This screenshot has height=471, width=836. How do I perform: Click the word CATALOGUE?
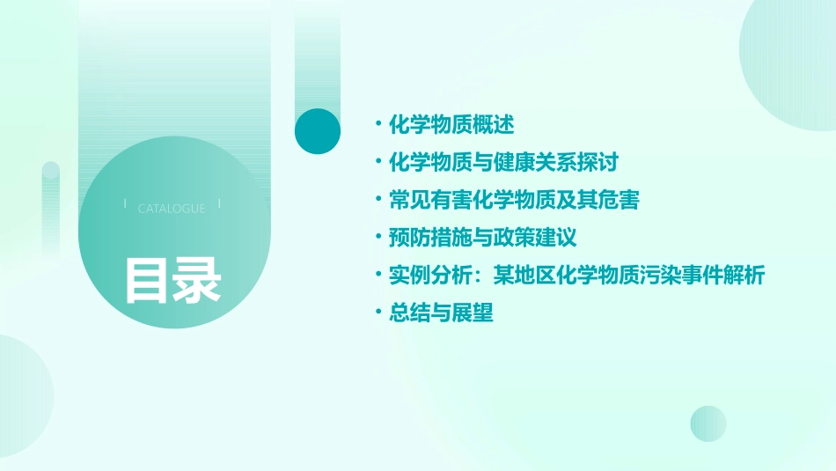click(172, 209)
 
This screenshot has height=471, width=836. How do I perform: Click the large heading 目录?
click(172, 281)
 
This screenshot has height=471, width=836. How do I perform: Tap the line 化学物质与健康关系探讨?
click(503, 162)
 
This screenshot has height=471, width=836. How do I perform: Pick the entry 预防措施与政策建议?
click(482, 238)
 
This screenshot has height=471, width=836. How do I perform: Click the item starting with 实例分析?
click(576, 276)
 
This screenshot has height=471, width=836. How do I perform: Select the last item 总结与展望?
click(441, 313)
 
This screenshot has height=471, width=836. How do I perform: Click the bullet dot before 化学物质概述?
click(378, 124)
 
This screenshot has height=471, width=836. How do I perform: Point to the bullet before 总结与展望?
click(378, 313)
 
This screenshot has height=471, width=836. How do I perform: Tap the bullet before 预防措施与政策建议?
click(378, 238)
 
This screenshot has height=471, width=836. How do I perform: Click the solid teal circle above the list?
click(318, 131)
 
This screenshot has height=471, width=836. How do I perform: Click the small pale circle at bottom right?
click(708, 423)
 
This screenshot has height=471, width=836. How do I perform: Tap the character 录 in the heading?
click(197, 281)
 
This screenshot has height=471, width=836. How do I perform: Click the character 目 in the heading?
click(147, 281)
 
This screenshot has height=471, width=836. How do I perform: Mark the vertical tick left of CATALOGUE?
click(125, 204)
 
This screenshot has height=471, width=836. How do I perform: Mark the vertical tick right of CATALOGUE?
click(219, 204)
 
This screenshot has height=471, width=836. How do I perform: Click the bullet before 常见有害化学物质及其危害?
click(378, 200)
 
